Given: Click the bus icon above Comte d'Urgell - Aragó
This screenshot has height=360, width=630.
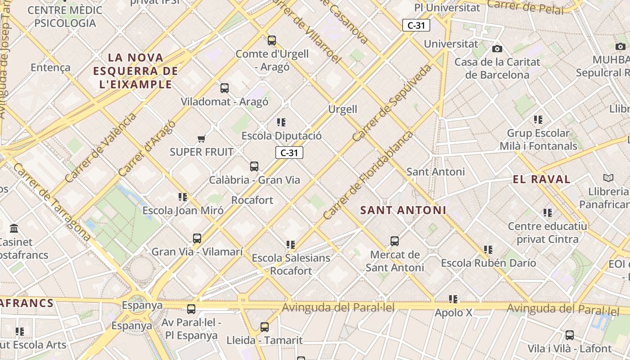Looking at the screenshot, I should (271, 40).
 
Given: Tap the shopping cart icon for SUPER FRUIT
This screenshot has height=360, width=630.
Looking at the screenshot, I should (201, 139).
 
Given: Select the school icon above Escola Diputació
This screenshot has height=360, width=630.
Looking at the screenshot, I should (281, 122).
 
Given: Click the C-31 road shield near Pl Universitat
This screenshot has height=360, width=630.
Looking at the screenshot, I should (416, 25).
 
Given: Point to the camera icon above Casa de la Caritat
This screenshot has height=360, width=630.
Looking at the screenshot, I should (497, 49).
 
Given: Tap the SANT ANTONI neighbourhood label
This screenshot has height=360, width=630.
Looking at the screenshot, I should (403, 210).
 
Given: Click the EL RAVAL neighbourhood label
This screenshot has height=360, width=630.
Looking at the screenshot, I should (541, 179).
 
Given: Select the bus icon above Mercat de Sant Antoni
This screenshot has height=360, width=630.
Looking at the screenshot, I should (395, 241).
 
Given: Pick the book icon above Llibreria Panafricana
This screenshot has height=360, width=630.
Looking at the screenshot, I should (608, 178).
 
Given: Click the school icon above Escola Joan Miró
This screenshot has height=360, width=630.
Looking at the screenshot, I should (182, 197).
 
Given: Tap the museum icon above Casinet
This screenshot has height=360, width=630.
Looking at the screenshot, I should (14, 229).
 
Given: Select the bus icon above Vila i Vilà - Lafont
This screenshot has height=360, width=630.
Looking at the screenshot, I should (570, 335).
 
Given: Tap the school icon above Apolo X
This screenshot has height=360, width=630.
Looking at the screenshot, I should (453, 299).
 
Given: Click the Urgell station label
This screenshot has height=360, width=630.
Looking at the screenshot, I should (342, 109).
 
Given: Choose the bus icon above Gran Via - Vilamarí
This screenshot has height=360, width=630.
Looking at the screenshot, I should (197, 238).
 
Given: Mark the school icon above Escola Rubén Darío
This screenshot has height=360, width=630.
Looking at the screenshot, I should (488, 249).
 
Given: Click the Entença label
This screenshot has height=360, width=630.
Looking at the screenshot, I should (50, 67).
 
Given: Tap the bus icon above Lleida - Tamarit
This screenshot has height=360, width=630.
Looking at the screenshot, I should (265, 327).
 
